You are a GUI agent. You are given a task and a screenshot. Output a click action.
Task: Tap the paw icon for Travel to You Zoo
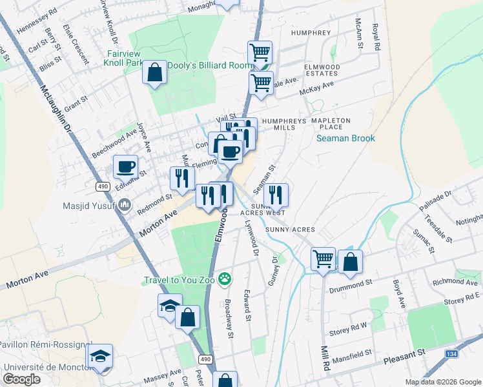coord(225,279)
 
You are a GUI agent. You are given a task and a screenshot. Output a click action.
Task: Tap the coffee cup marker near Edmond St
coord(125,166)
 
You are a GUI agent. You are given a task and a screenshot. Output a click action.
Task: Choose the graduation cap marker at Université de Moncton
coord(100,356)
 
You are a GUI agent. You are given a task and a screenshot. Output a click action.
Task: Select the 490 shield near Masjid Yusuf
coord(103,186)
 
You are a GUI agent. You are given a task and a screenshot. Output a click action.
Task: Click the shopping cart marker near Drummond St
coord(323,259)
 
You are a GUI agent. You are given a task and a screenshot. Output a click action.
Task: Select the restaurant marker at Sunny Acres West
coord(275,194)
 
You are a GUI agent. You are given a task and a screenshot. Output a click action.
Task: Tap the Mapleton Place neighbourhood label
coord(331,124)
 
